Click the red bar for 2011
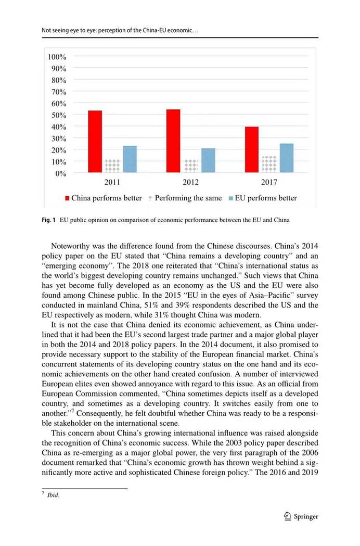click(x=95, y=141)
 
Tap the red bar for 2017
click(x=252, y=149)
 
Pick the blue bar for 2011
click(x=130, y=159)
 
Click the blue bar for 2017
click(x=287, y=158)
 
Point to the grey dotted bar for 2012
click(x=191, y=166)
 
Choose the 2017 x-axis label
click(x=269, y=183)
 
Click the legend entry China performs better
click(x=103, y=198)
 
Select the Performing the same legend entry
click(x=185, y=198)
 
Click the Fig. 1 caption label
click(x=48, y=220)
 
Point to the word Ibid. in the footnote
click(x=54, y=496)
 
